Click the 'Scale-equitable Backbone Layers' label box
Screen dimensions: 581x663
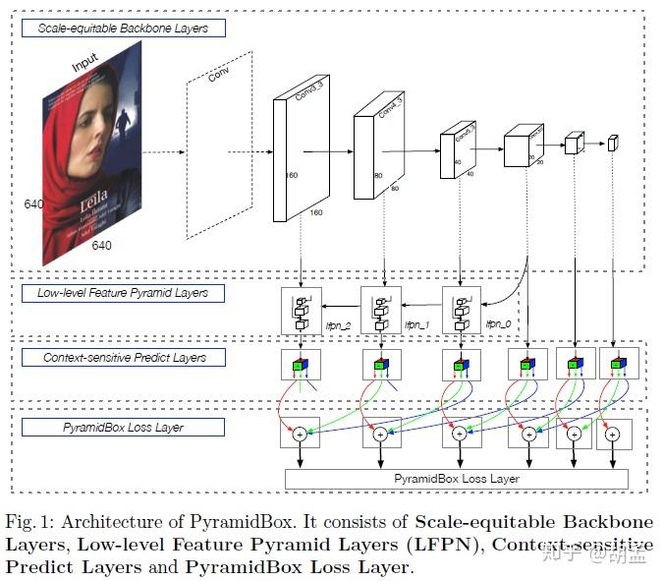[123, 29]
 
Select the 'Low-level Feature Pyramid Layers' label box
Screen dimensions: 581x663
[123, 293]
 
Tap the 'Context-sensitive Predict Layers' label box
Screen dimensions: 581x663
[123, 358]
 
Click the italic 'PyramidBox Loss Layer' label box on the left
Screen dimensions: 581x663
[123, 428]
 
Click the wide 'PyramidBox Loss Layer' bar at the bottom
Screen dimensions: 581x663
[456, 479]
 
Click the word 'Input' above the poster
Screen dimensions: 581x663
[85, 66]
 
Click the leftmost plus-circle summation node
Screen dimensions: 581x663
[300, 434]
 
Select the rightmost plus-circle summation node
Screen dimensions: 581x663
[611, 434]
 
